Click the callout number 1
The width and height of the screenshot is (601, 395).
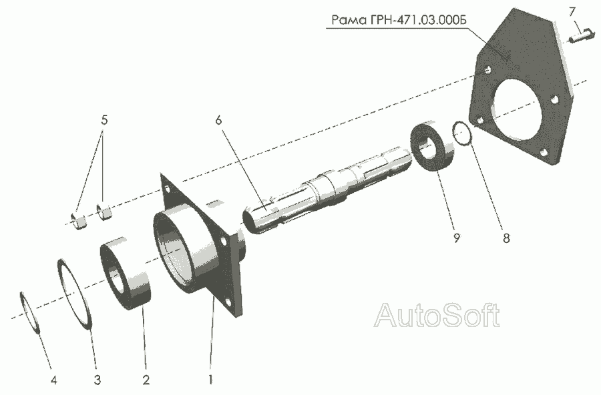211,381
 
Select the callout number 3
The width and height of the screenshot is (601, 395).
97,381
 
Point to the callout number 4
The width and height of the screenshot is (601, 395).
54,381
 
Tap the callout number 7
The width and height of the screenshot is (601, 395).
572,11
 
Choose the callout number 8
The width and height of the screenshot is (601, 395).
506,238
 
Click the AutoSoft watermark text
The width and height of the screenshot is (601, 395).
437,314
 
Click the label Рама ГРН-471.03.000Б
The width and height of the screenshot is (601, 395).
397,19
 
